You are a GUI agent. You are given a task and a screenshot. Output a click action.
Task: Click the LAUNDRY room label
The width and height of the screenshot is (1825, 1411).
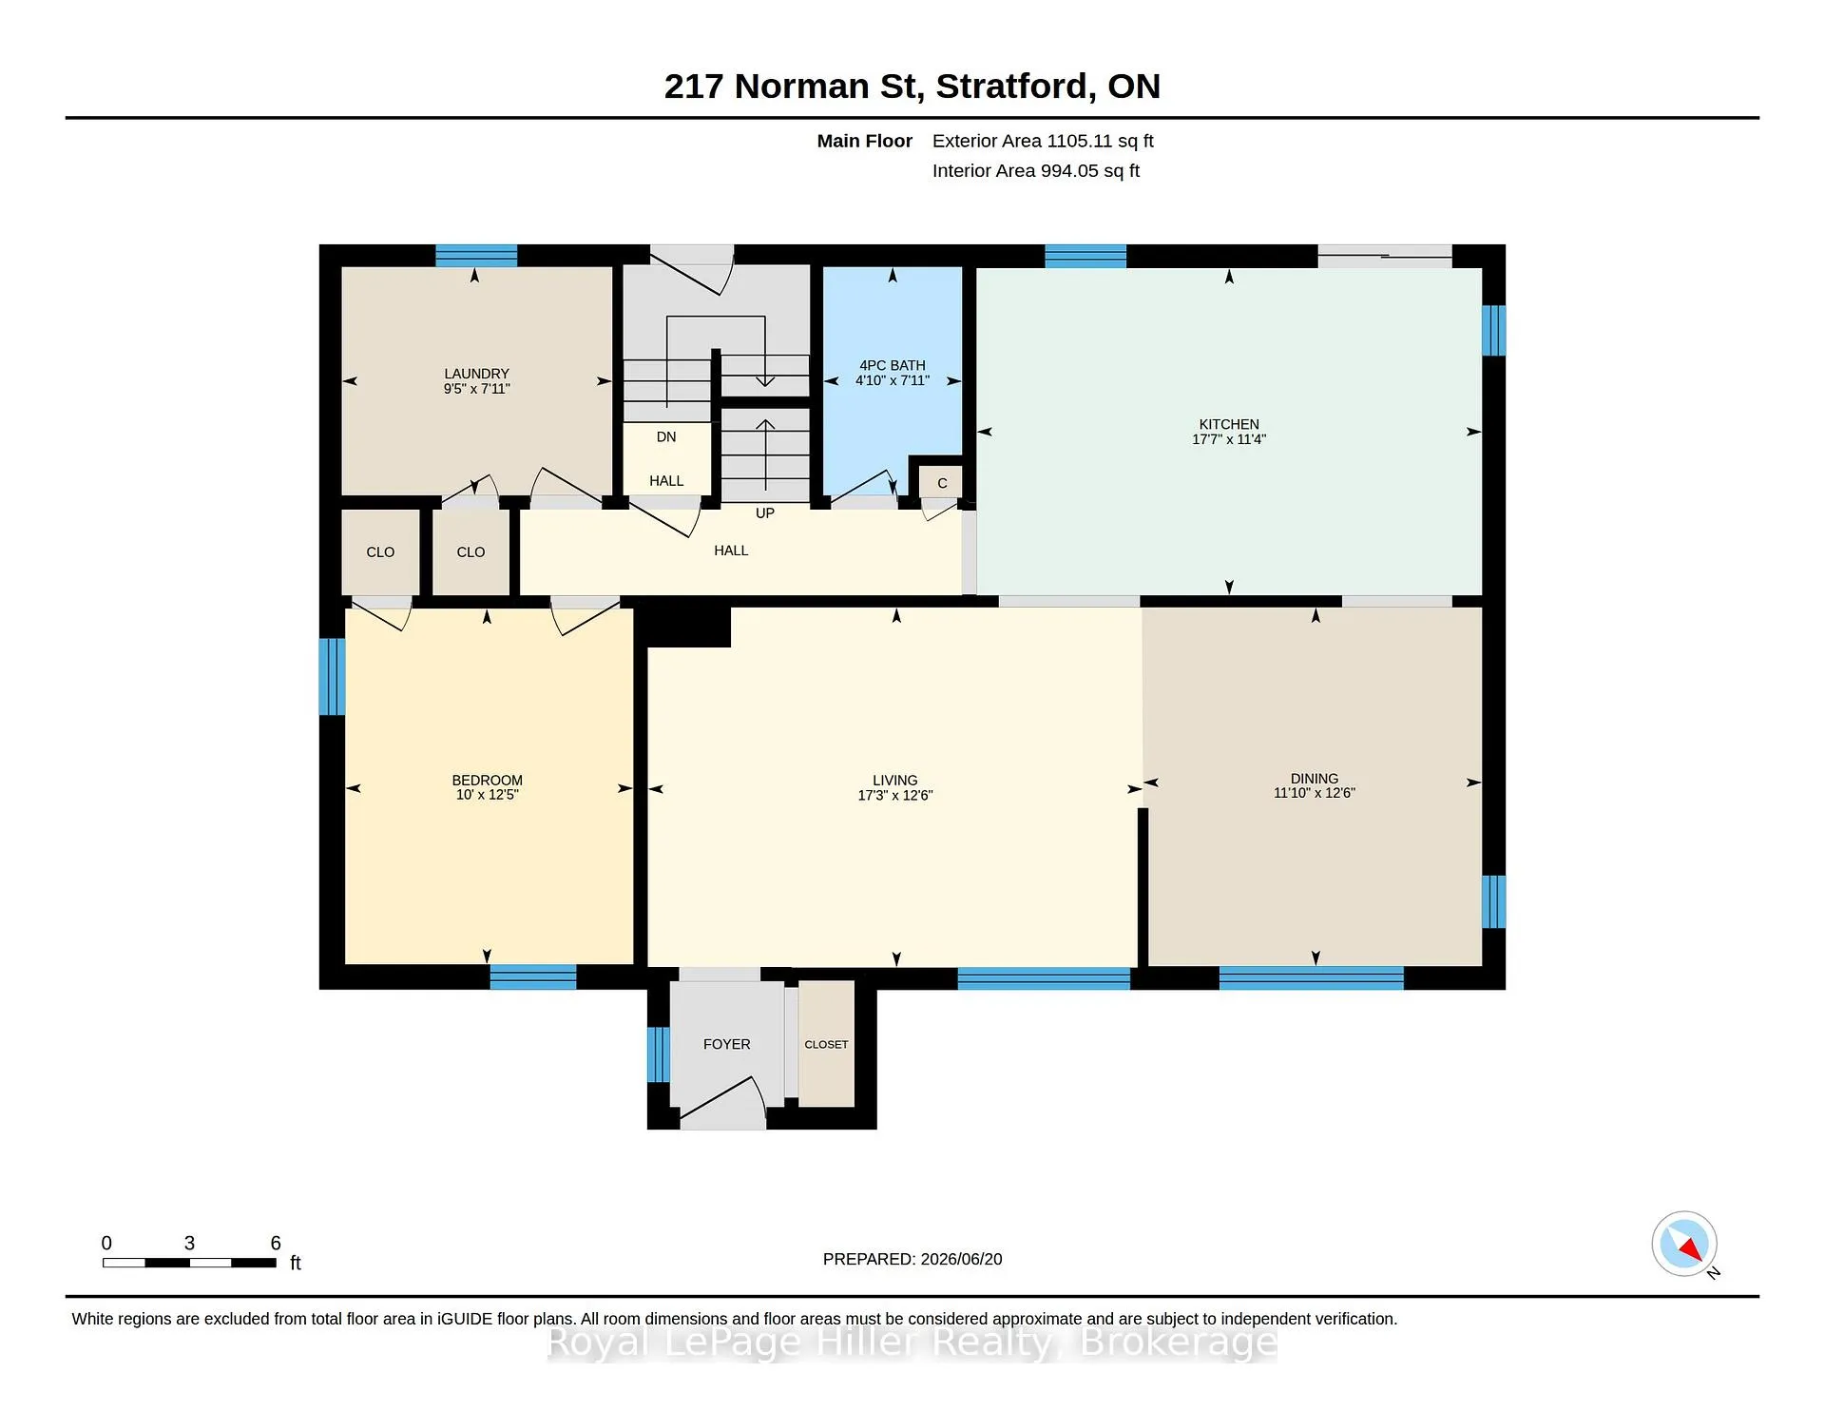coord(476,374)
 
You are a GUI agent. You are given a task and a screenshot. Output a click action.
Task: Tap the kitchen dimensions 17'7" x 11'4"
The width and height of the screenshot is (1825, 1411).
coord(1229,439)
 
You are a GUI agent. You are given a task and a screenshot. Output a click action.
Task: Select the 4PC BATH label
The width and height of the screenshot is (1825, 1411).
coord(893,365)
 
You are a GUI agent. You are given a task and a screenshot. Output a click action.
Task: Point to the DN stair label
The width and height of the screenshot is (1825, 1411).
coord(666,437)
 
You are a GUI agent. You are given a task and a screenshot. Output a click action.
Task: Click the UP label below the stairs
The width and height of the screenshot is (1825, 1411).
coord(765,513)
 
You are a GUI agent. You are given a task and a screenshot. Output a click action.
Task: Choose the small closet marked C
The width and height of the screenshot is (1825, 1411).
coord(941,483)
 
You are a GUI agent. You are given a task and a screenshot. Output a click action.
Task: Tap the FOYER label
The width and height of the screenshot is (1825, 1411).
coord(727,1044)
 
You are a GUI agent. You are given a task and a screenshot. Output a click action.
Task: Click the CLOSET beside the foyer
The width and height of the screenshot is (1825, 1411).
coord(826,1044)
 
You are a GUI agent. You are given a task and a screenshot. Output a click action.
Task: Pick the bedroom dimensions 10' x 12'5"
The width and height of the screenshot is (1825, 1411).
coord(488,795)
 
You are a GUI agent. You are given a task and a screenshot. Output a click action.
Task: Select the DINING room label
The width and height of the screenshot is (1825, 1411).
coord(1315,779)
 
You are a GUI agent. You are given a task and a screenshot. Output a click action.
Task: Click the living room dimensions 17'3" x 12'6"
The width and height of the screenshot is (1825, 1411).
coord(895,796)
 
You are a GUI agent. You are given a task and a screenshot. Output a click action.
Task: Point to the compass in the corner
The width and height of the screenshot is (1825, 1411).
coord(1684,1244)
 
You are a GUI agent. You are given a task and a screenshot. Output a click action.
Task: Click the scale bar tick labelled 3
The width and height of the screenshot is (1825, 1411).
coord(189,1244)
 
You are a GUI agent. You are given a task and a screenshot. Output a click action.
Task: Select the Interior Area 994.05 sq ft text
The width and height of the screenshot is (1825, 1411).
coord(1036,171)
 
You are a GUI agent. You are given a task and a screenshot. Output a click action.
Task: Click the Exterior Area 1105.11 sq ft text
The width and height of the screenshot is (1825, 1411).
coord(1043,141)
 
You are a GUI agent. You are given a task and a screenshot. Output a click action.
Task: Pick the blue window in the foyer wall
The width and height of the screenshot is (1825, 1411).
coord(658,1054)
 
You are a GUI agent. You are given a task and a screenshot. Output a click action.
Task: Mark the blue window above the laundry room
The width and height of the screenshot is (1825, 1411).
coord(476,256)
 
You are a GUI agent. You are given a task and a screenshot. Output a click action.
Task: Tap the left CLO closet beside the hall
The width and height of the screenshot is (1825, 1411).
coord(380,552)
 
